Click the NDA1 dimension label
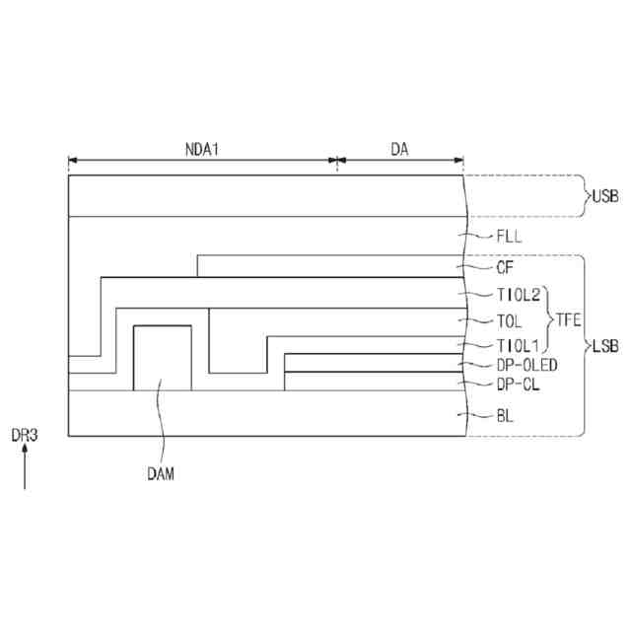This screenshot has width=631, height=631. point(203,149)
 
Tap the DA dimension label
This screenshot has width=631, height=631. point(399,149)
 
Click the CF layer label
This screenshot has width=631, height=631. point(504,266)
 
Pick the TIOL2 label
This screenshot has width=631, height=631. point(519,294)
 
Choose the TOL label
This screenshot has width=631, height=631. point(509,320)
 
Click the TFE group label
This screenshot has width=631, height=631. point(570,319)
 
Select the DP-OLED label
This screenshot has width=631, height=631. point(526,365)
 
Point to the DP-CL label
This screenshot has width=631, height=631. point(518,384)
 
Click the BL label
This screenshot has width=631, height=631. point(504,416)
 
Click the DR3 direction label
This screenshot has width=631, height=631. point(25,435)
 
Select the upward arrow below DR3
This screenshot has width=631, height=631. point(25,469)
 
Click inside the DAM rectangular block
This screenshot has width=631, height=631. point(162,357)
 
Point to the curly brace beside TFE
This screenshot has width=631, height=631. point(548,319)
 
